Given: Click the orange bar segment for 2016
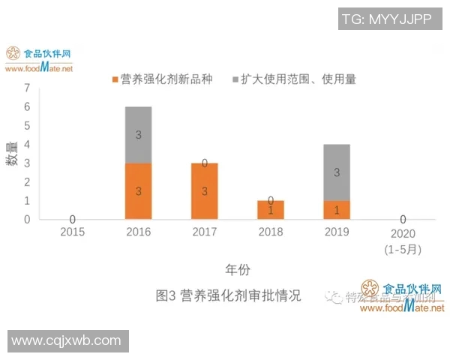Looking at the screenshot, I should (138, 191).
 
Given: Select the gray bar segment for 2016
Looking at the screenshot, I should (138, 135).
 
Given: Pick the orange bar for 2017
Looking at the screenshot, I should (205, 191).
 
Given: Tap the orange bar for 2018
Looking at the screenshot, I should (271, 210).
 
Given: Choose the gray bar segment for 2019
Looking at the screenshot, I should (337, 172).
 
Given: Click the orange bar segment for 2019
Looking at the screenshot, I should (337, 210).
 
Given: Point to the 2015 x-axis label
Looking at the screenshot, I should (72, 232).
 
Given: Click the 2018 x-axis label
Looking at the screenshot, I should (271, 232).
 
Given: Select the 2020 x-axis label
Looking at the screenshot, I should (403, 233).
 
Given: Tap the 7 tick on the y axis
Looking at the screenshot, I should (27, 88).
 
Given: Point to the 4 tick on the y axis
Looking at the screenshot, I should (27, 144).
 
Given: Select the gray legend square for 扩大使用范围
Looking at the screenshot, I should (235, 79).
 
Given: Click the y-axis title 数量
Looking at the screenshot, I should (13, 153).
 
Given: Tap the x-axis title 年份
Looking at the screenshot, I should (238, 268).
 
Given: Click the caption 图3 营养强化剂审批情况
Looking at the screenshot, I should (228, 295).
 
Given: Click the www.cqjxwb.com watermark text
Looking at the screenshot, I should (67, 340).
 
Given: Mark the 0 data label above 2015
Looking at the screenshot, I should (72, 219).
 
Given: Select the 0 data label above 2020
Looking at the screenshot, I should (403, 219).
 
